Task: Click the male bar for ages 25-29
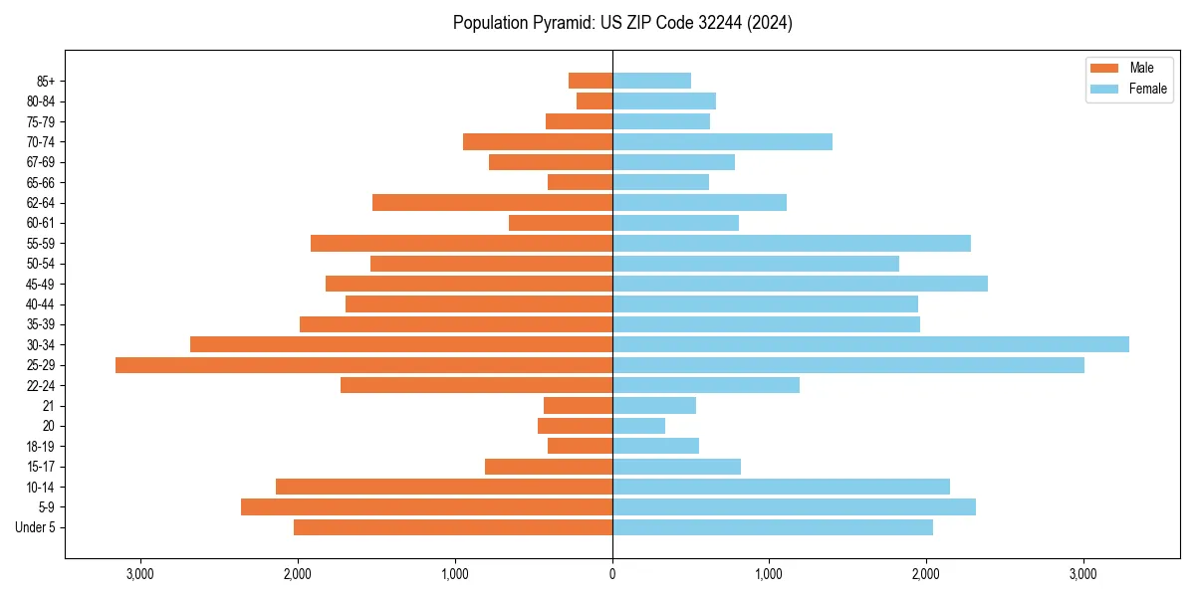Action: tap(363, 365)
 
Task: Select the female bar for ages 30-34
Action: tap(870, 344)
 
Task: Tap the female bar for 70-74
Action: tap(722, 142)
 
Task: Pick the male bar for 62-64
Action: tap(492, 203)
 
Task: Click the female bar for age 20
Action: tap(638, 426)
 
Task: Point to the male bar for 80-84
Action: tap(595, 101)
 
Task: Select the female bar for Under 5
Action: tap(773, 527)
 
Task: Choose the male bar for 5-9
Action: tap(426, 507)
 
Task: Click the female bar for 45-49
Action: tap(800, 284)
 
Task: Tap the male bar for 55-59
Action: tap(461, 244)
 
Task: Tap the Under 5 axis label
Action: tap(35, 527)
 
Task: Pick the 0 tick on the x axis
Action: tap(612, 574)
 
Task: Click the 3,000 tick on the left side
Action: tap(140, 574)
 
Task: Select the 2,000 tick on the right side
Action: tap(926, 574)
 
